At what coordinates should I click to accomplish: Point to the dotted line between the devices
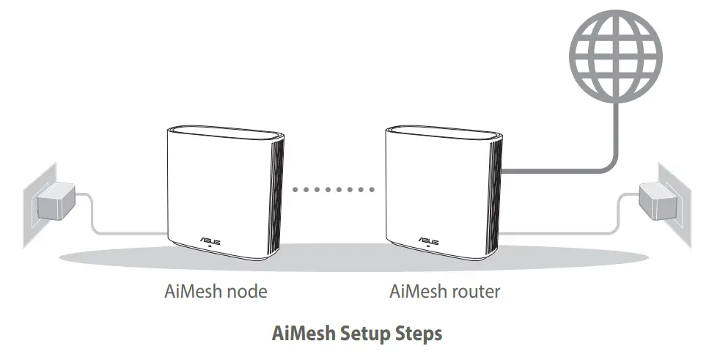332,189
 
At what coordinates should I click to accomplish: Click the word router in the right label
474,292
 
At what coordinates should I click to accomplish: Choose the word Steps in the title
419,334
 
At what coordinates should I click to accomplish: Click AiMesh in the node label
191,292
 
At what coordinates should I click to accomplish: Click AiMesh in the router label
416,292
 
